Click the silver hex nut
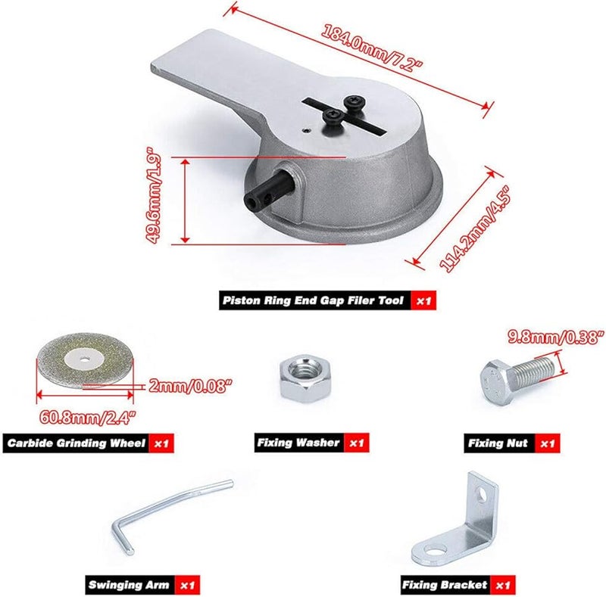click(301, 378)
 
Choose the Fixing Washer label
click(298, 443)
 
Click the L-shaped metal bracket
click(458, 515)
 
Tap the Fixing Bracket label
click(445, 585)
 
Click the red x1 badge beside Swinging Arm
click(186, 585)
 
